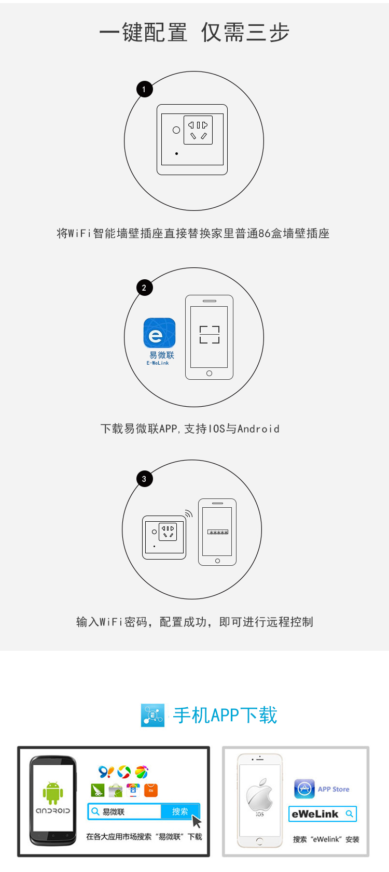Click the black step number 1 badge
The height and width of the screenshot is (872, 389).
[145, 89]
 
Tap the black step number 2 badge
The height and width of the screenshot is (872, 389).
[145, 288]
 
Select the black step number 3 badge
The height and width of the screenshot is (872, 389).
[145, 479]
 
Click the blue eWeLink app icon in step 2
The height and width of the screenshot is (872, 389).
[159, 333]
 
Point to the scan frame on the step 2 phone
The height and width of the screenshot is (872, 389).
[210, 334]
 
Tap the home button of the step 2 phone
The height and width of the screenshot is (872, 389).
[210, 374]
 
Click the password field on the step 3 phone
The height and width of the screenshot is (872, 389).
[218, 532]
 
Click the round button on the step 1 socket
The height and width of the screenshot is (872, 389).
[176, 130]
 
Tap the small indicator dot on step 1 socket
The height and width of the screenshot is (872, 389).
[176, 154]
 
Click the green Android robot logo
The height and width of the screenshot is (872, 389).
[53, 793]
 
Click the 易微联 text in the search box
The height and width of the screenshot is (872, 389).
[114, 812]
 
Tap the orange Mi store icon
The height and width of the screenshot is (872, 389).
[151, 790]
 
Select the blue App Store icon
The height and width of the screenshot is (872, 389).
[304, 789]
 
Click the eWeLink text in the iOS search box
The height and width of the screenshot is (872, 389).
[315, 814]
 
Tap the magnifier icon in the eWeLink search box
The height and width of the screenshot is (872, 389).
[349, 813]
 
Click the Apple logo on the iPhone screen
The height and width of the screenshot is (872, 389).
[260, 795]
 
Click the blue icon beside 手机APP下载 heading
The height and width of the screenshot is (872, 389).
[153, 715]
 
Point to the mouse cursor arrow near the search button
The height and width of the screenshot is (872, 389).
[197, 822]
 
